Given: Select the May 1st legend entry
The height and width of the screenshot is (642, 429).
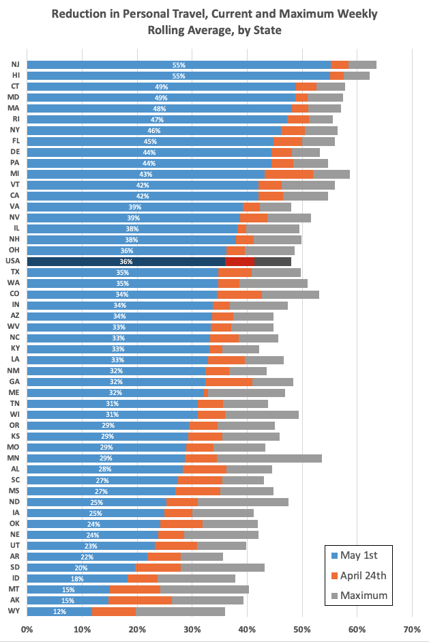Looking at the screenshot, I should coord(359,555).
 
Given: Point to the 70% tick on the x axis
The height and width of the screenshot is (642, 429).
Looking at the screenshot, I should coord(412,627).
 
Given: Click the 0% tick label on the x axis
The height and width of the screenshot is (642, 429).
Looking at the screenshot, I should coord(27,627).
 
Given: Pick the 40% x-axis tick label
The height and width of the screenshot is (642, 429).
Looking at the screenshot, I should coord(247,627).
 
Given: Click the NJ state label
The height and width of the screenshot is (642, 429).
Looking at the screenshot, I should coord(15,65).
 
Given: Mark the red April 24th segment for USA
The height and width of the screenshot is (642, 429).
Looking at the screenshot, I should coord(239,261).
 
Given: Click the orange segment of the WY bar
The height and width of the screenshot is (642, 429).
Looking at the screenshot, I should coord(114,611).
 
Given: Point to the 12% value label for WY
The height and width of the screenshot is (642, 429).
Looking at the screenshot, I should coord(60,611).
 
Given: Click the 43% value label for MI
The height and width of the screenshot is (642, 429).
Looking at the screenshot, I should coord(145,174).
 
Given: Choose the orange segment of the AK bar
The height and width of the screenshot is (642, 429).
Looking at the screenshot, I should coord(140,600).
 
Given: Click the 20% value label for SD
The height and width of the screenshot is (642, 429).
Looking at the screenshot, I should coord(81,568).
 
